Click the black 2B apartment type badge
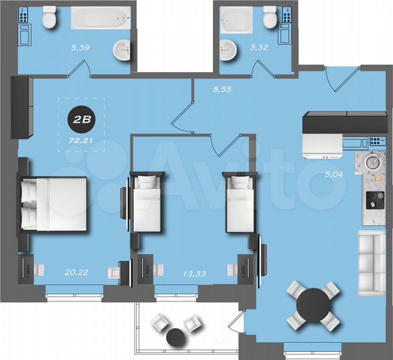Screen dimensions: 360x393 (x=81, y=121)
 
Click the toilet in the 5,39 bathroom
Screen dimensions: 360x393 (x=49, y=20)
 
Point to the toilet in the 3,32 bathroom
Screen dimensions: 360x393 (x=270, y=19)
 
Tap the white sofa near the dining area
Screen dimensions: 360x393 (x=372, y=263)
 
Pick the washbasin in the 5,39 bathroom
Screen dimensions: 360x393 (x=121, y=48)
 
